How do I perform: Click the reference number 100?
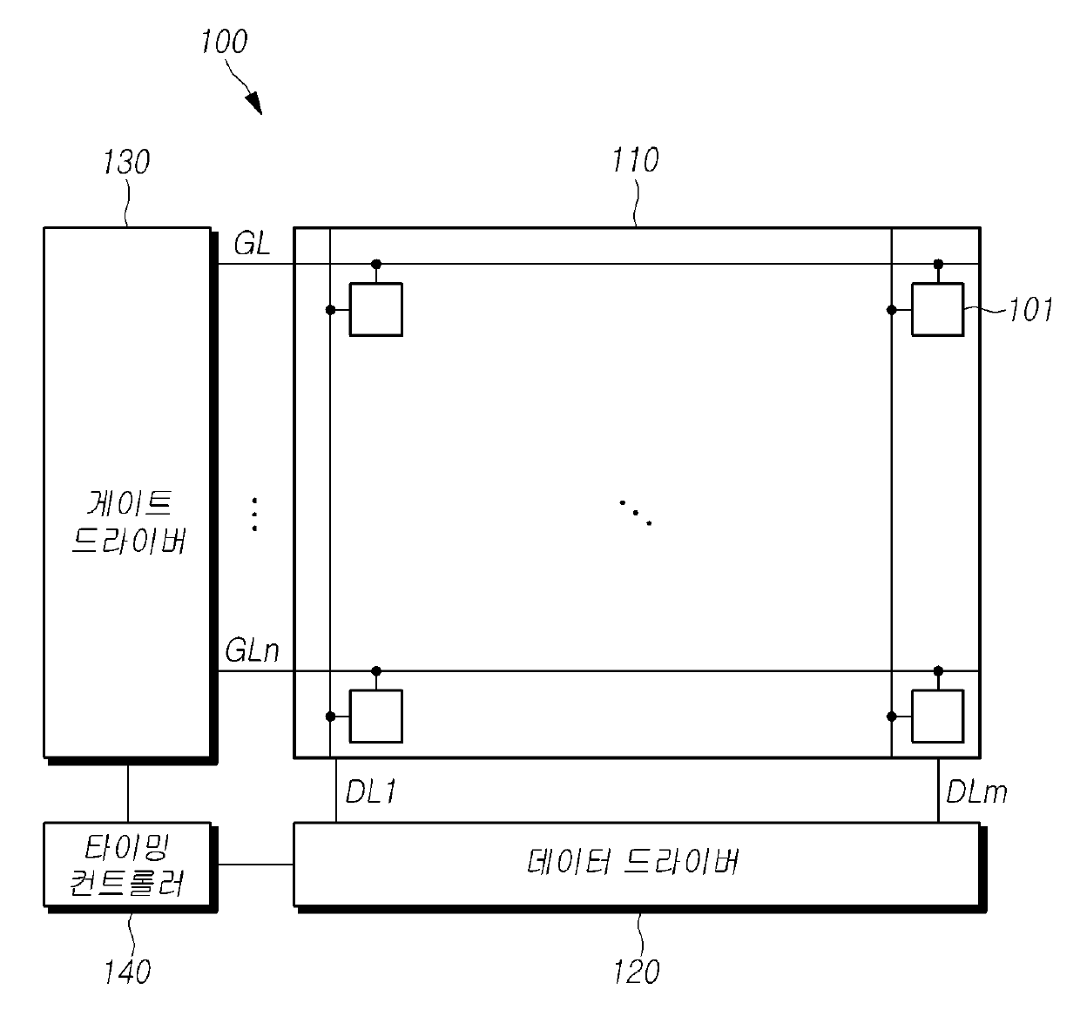point(224,42)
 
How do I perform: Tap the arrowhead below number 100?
point(253,104)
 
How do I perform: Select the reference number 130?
point(126,162)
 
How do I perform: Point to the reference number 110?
point(636,160)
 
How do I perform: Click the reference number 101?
point(1030,310)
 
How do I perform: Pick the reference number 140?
point(127,971)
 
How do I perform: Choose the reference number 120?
point(637,971)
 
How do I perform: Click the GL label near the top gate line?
point(252,245)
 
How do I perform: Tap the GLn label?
point(252,650)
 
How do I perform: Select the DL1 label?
point(372,791)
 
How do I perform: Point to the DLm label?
point(976,791)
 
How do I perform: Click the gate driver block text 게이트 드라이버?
point(128,522)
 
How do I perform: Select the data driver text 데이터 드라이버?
point(634,863)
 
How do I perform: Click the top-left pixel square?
point(376,309)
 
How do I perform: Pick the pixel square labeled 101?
point(937,309)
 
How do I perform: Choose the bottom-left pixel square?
point(376,716)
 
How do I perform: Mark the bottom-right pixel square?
point(937,716)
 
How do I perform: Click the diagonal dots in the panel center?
point(636,513)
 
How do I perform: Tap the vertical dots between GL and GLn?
point(254,514)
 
